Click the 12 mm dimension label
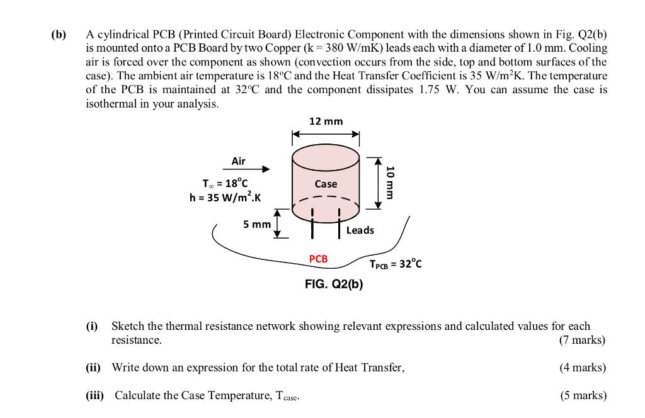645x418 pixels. coord(326,121)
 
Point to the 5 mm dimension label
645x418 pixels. coord(257,224)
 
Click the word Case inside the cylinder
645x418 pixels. coord(326,184)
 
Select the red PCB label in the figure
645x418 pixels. coord(318,259)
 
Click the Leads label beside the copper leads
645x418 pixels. coord(360,230)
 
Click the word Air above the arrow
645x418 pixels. coord(238,161)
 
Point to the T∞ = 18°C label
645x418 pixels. coord(220,184)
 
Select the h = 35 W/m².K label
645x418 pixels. coord(225,198)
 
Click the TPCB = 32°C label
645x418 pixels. coord(396,264)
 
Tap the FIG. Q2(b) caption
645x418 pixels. coord(333,284)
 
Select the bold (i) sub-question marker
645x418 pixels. coord(92,326)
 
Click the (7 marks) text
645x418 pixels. coord(582,340)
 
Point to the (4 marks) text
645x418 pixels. coord(582,368)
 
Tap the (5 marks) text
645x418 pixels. coord(583,395)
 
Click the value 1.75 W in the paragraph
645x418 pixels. coord(438,89)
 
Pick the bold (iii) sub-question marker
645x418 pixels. coord(96,395)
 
